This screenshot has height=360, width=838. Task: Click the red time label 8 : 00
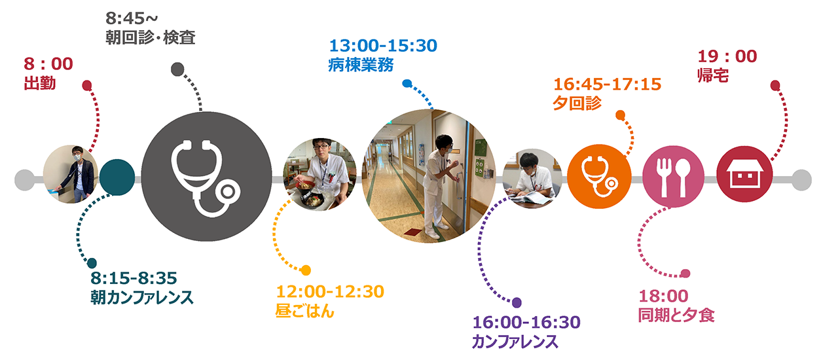(x=48, y=64)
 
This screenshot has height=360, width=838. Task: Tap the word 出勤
(x=40, y=83)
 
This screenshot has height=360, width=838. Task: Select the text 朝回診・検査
(x=151, y=37)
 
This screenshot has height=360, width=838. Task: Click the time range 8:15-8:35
(x=134, y=278)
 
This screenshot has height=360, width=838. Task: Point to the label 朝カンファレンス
(x=142, y=298)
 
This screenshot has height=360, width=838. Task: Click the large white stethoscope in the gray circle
(x=206, y=179)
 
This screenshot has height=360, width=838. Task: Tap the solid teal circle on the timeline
(x=117, y=177)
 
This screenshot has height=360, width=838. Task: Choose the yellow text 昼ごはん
(x=305, y=311)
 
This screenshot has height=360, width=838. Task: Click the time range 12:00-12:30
(x=330, y=292)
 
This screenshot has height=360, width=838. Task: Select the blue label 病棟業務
(x=361, y=65)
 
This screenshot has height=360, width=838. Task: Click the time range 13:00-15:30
(x=383, y=46)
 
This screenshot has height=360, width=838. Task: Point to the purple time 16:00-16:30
(x=526, y=322)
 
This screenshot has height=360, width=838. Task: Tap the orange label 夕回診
(x=577, y=103)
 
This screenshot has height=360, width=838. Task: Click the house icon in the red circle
(x=744, y=174)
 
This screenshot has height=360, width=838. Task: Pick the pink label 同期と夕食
(x=676, y=315)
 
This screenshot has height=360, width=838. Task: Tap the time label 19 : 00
(x=727, y=56)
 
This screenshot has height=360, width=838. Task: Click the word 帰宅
(x=714, y=75)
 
